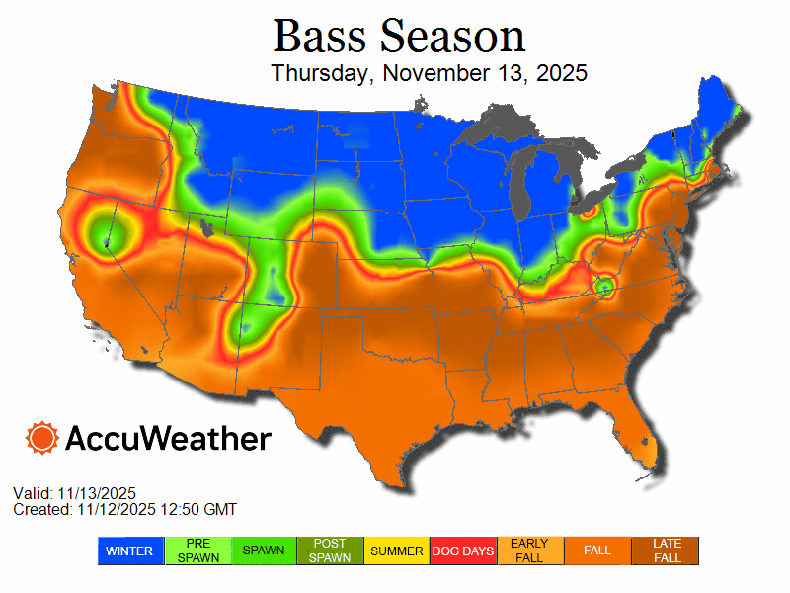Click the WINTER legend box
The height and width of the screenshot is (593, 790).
[x=128, y=551]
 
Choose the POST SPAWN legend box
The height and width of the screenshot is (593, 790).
[x=330, y=551]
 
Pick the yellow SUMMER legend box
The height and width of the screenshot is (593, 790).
[x=397, y=551]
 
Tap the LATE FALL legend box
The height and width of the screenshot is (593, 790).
[x=666, y=551]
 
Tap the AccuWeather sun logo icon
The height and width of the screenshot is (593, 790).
[x=42, y=437]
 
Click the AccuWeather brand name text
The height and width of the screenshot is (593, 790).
[x=168, y=438]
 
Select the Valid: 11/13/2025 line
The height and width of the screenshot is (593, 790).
[x=74, y=493]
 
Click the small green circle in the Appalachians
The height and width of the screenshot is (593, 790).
[x=603, y=287]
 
